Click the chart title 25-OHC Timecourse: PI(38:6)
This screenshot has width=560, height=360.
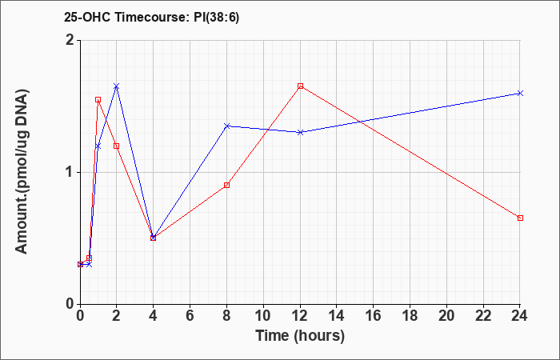click(151, 18)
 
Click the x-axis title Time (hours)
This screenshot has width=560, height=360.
click(300, 336)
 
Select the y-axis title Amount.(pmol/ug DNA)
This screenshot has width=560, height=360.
click(22, 172)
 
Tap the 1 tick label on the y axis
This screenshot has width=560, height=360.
click(70, 173)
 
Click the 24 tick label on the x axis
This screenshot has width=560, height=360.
click(519, 316)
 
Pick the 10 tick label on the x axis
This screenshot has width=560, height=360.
click(263, 316)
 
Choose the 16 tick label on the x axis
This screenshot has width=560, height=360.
click(373, 316)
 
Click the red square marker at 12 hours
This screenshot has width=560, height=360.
click(300, 86)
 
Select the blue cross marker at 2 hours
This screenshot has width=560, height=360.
click(117, 86)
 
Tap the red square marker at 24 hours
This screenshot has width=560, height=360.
click(520, 218)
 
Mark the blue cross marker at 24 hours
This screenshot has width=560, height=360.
click(520, 94)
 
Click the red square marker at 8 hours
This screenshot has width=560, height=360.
click(226, 185)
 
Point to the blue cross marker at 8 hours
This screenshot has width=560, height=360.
click(226, 126)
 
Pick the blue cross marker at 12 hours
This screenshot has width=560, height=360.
click(300, 132)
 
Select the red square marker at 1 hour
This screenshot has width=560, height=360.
click(98, 100)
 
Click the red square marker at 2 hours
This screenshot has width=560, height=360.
click(117, 146)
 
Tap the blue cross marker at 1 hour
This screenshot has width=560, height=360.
click(98, 146)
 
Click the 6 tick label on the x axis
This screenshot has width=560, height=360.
click(190, 316)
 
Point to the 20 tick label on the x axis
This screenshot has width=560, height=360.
click(446, 316)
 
